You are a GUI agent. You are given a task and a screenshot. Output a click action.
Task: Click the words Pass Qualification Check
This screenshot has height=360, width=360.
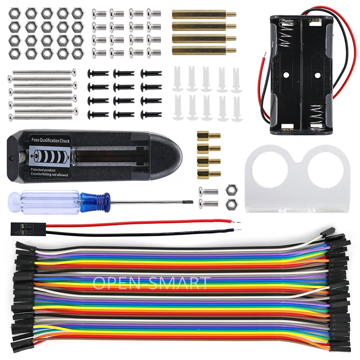pos(50,141)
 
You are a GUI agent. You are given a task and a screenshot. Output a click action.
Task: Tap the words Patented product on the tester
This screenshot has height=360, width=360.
pos(43,170)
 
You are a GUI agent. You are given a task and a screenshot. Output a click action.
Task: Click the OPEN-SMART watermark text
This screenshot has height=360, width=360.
pos(151,283)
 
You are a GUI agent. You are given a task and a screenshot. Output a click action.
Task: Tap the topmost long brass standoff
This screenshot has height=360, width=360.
pos(203,15)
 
